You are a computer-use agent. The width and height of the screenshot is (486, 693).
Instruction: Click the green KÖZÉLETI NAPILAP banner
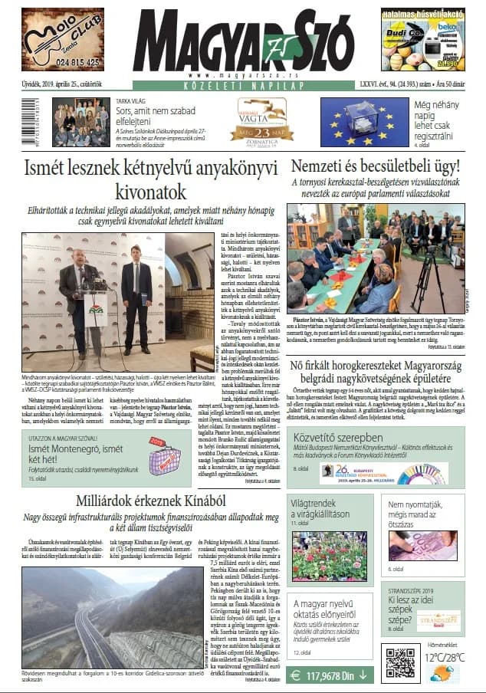242,86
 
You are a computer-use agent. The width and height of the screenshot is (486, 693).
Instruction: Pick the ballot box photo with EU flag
353,121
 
